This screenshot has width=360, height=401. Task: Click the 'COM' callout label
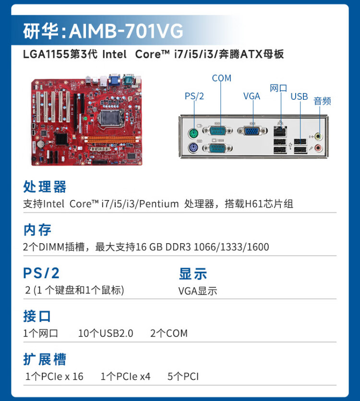(221, 78)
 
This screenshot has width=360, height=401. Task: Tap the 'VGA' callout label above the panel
(252, 96)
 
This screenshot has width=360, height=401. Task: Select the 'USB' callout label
(299, 96)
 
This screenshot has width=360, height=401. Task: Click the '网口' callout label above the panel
(278, 88)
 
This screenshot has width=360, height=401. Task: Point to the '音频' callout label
(322, 101)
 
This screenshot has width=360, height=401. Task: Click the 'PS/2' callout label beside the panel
(194, 96)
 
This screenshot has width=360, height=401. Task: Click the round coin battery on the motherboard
(42, 143)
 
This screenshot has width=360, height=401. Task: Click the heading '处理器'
(45, 187)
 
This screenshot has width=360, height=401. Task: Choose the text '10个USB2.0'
(106, 333)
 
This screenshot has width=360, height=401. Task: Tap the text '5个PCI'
(183, 377)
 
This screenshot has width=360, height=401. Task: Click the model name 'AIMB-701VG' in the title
(126, 31)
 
